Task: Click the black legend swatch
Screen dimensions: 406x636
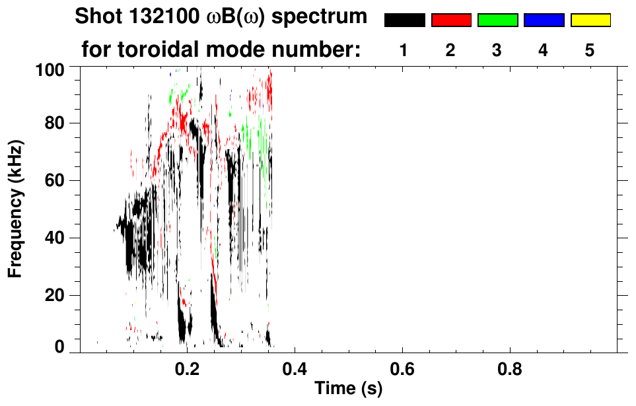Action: pyautogui.click(x=405, y=20)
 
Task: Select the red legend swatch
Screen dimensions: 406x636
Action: pyautogui.click(x=451, y=20)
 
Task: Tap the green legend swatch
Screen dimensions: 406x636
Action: pyautogui.click(x=497, y=20)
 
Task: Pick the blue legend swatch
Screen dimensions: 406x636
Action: pyautogui.click(x=544, y=20)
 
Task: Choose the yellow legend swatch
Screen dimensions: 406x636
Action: pyautogui.click(x=590, y=20)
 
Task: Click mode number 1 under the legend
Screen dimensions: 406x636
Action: pyautogui.click(x=404, y=50)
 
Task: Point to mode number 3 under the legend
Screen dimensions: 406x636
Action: pyautogui.click(x=497, y=50)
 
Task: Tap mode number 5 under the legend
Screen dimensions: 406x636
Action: pyautogui.click(x=590, y=50)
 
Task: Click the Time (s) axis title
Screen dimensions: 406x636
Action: pyautogui.click(x=347, y=389)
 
